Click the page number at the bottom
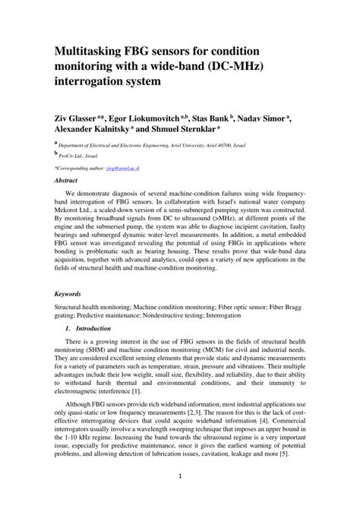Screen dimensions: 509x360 [179, 498]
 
